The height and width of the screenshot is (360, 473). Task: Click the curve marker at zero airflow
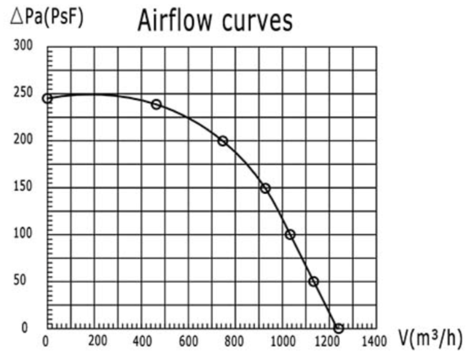click(x=47, y=98)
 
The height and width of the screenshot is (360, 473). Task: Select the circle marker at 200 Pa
click(x=222, y=141)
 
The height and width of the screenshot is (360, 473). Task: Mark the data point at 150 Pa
click(x=265, y=187)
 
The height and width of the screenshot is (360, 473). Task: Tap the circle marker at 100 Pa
click(x=290, y=234)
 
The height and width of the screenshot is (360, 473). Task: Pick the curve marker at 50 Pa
click(x=314, y=281)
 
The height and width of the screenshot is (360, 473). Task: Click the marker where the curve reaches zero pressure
click(x=339, y=328)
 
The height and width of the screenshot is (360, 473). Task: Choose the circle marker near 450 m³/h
click(x=156, y=104)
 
